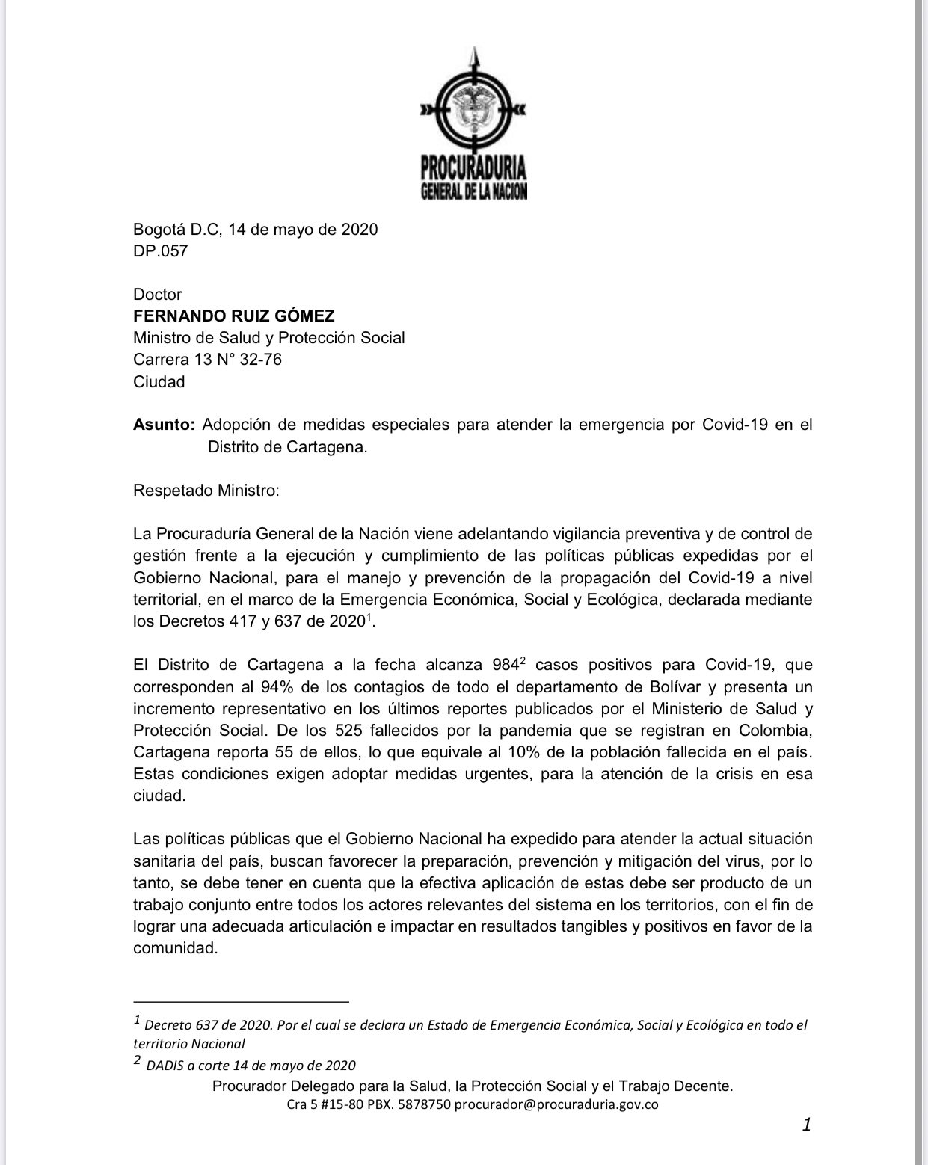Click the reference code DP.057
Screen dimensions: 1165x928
click(160, 251)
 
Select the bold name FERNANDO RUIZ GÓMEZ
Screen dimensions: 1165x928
click(233, 316)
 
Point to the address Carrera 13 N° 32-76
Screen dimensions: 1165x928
click(207, 360)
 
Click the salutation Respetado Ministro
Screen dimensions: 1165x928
click(206, 491)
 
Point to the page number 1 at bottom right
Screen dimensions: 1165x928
click(806, 1124)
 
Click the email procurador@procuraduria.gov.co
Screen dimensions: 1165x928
click(556, 1104)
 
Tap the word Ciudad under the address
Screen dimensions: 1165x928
click(159, 381)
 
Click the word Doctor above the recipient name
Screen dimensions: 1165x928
click(157, 295)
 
